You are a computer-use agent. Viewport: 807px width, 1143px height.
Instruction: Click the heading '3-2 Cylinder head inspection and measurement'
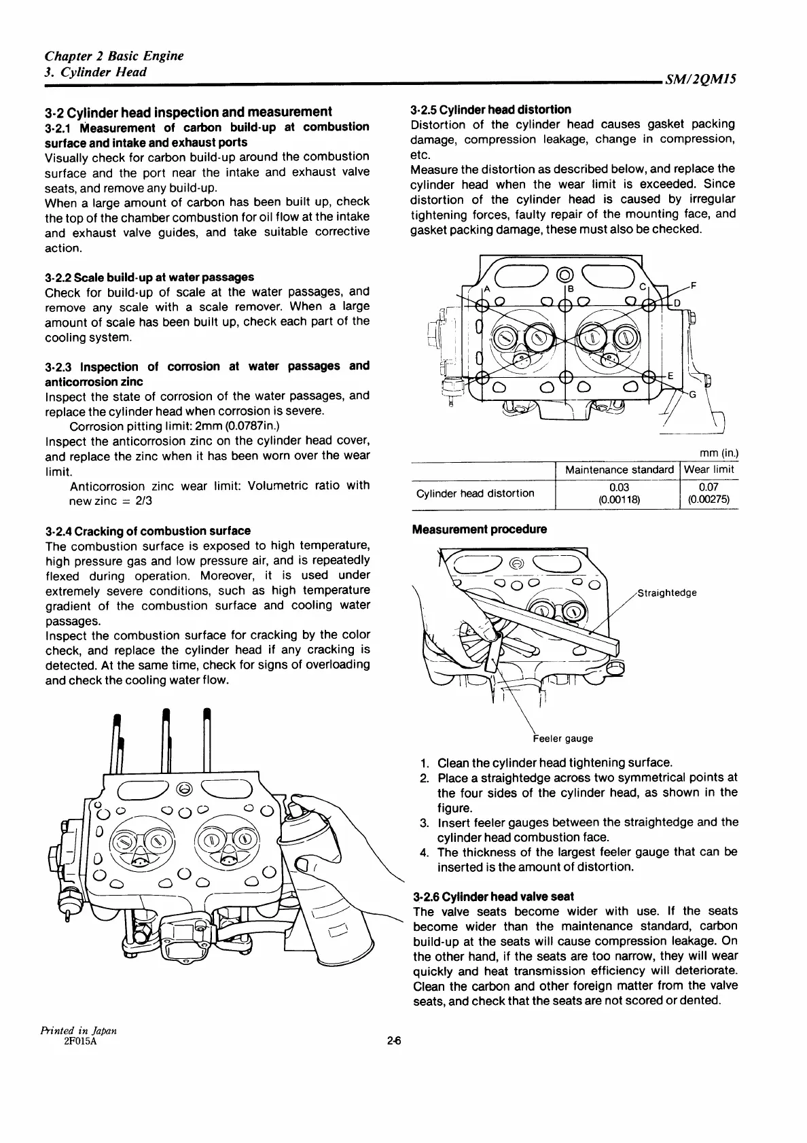[188, 111]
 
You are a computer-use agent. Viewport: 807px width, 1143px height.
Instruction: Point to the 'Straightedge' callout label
[668, 593]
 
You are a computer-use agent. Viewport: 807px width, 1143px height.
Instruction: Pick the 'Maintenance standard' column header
[619, 470]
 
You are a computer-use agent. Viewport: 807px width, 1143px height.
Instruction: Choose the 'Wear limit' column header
[709, 470]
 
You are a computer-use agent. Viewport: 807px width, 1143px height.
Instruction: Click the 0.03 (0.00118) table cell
[619, 493]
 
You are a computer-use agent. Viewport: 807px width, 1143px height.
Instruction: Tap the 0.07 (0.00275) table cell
[709, 493]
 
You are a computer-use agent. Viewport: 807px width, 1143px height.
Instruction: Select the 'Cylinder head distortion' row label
[475, 493]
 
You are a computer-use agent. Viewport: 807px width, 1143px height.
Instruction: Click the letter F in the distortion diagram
[692, 285]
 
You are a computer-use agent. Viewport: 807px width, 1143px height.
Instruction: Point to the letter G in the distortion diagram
[692, 395]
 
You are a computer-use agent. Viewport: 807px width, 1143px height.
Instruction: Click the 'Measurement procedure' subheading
[480, 529]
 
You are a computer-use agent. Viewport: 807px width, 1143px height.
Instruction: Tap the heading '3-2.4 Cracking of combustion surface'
[147, 531]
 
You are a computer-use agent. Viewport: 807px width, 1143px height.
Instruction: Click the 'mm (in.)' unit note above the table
[719, 453]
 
